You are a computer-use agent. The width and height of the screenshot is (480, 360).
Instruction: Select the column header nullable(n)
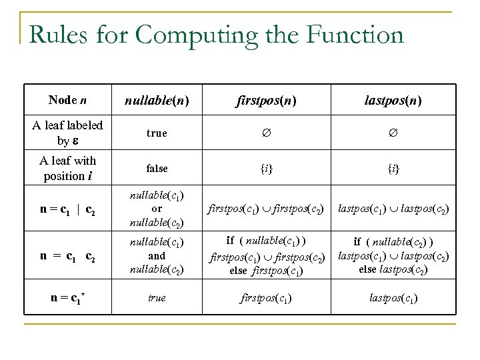coord(157,101)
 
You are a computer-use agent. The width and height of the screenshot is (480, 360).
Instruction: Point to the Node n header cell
coord(67,101)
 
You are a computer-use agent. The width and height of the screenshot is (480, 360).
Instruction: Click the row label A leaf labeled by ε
coord(67,133)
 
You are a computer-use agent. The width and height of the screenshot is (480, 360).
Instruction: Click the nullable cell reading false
coord(157,169)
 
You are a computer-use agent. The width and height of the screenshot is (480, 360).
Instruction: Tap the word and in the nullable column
coord(157,255)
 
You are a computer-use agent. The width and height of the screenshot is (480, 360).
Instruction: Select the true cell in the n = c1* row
coord(157,298)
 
